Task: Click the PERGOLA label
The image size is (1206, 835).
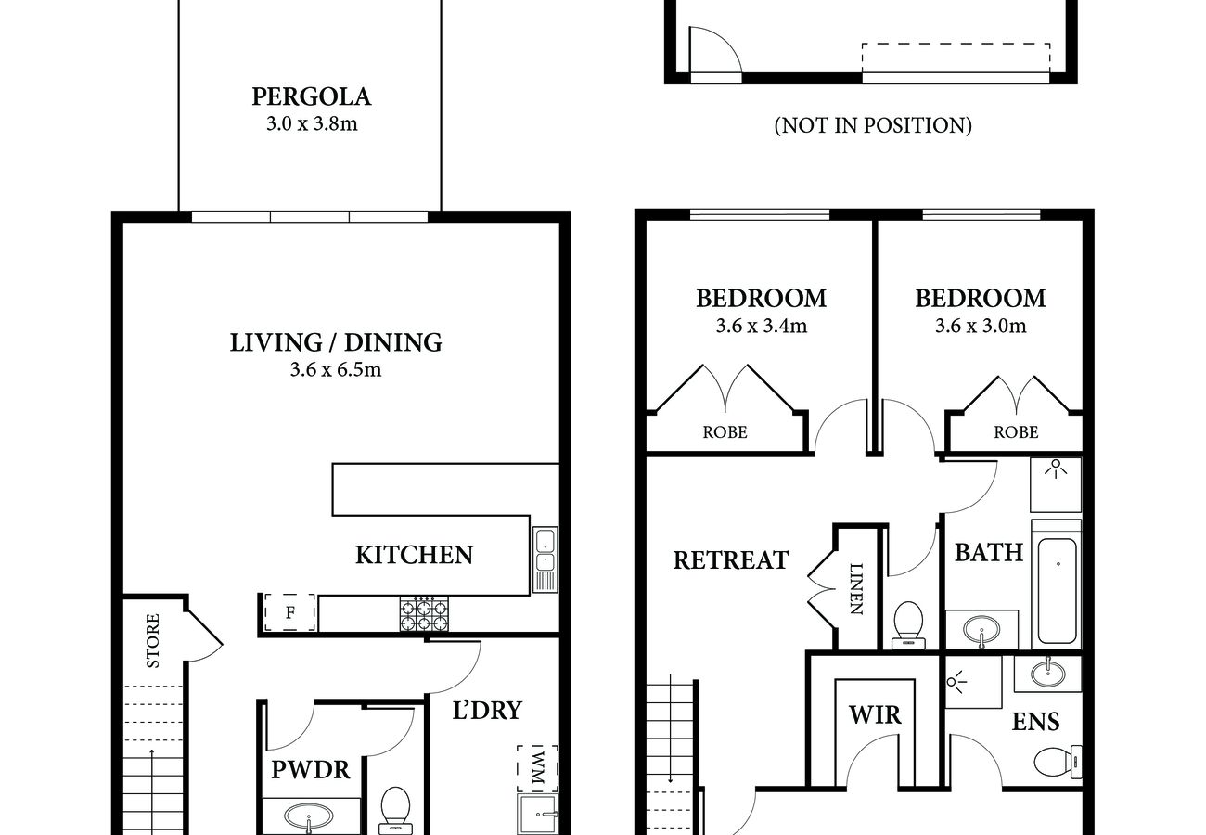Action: (x=312, y=96)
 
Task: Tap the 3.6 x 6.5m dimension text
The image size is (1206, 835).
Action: (x=336, y=370)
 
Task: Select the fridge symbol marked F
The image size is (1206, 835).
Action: (x=289, y=612)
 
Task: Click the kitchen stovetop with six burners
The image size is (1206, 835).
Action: (x=424, y=614)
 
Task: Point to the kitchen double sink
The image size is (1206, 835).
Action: (x=545, y=559)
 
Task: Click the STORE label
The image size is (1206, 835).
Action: (x=153, y=641)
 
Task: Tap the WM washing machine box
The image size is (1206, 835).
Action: (x=537, y=769)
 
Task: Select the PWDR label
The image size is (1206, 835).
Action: (x=311, y=770)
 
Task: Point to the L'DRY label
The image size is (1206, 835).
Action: (x=487, y=711)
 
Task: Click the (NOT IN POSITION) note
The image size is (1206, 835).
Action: (x=873, y=125)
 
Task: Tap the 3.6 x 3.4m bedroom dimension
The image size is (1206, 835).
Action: (x=762, y=326)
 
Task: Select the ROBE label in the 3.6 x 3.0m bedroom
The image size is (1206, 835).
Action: (x=1016, y=431)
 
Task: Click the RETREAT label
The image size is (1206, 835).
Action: (x=731, y=559)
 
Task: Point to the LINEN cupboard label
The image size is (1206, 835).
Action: (x=856, y=588)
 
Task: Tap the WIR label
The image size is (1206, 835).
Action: (x=875, y=715)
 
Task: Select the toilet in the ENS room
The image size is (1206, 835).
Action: (x=1058, y=762)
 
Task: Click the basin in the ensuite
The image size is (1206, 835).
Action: (x=1047, y=673)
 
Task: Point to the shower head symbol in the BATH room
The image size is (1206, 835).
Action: (x=1056, y=469)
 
